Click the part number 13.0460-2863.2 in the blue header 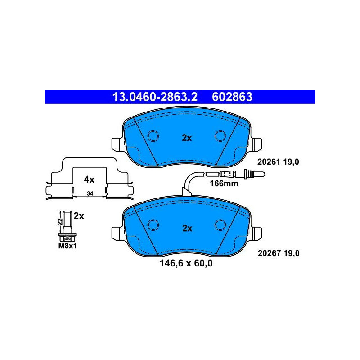tap(155, 97)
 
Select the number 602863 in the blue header tap(232, 97)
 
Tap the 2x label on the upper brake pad tap(187, 138)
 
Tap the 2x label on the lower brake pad tap(187, 229)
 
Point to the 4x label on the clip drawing tap(89, 180)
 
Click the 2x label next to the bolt tap(79, 216)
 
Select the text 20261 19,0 tap(278, 162)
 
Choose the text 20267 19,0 tap(279, 253)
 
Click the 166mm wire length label tap(224, 184)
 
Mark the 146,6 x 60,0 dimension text tap(186, 263)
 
